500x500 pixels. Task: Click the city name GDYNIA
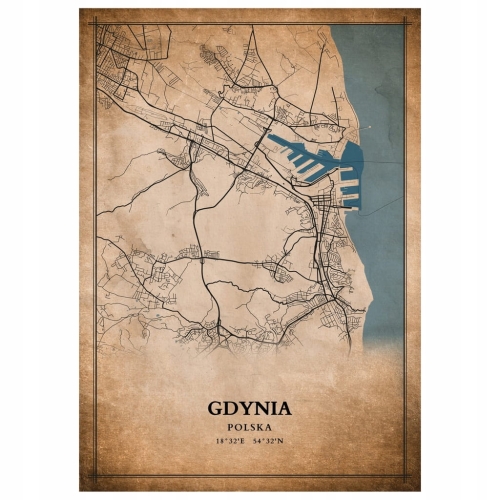click(250, 408)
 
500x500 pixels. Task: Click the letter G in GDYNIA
click(217, 408)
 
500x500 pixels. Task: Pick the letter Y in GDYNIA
click(245, 408)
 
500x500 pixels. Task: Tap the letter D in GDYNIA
click(231, 408)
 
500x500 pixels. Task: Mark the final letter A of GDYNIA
click(284, 408)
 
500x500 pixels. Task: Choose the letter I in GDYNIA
click(272, 408)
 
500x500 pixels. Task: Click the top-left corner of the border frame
click(95, 23)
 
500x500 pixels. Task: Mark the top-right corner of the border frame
click(405, 23)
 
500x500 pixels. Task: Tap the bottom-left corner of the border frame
click(95, 477)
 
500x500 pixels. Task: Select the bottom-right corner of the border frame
click(405, 477)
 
